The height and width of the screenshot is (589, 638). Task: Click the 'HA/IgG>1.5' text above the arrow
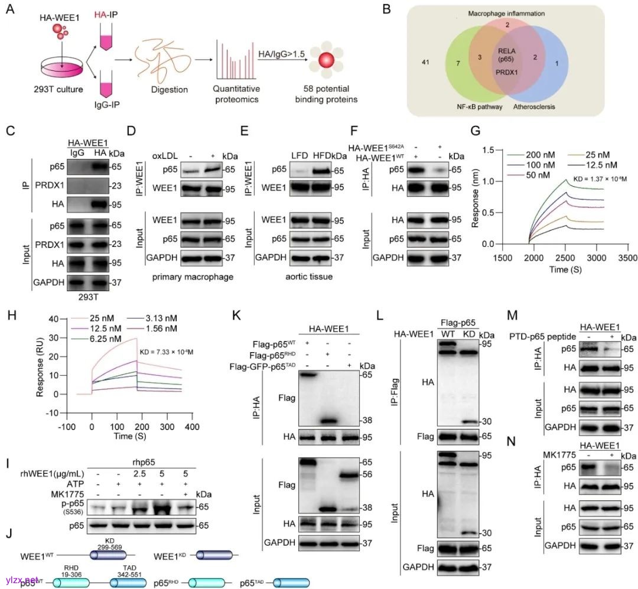tap(282, 54)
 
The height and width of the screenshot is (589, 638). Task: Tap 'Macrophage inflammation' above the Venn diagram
tap(507, 13)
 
